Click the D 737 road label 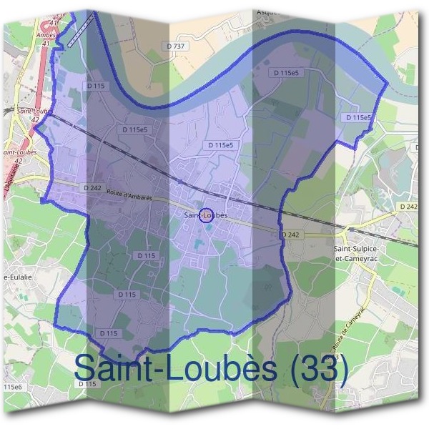coord(176,46)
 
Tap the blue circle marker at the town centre coord(205,215)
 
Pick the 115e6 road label coord(13,387)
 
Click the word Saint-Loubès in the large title coord(176,368)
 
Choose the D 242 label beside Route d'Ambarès coord(92,188)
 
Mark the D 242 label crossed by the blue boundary coord(290,235)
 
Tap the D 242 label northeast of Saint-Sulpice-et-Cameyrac coord(409,206)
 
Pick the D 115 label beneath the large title coord(87,384)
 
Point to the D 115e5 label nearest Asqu coord(286,73)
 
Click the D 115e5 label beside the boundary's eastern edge coord(357,117)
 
